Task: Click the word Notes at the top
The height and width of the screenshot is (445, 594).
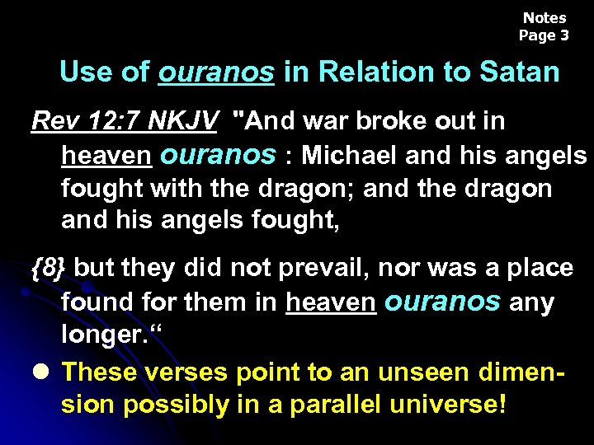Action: click(544, 17)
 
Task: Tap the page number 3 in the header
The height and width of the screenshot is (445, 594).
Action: click(564, 35)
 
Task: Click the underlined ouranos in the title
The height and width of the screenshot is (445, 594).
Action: click(216, 72)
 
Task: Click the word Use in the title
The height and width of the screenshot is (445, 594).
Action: click(85, 72)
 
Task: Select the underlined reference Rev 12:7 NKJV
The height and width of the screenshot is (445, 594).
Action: click(125, 121)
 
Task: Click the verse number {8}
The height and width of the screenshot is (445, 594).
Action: click(50, 267)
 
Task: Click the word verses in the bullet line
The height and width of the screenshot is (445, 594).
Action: click(187, 372)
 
